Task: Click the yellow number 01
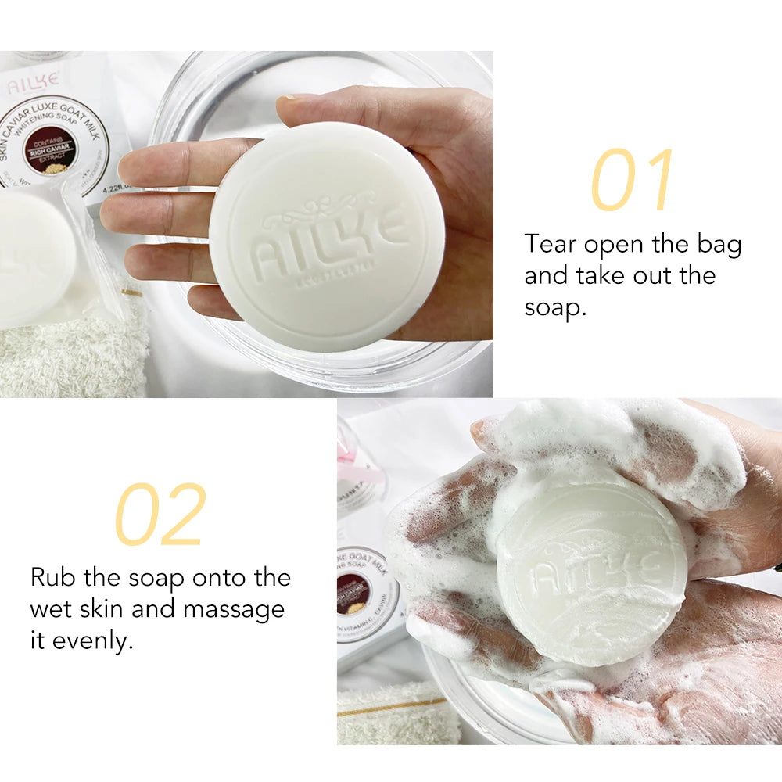632,181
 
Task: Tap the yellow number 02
160,515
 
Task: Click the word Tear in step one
551,244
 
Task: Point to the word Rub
53,578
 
